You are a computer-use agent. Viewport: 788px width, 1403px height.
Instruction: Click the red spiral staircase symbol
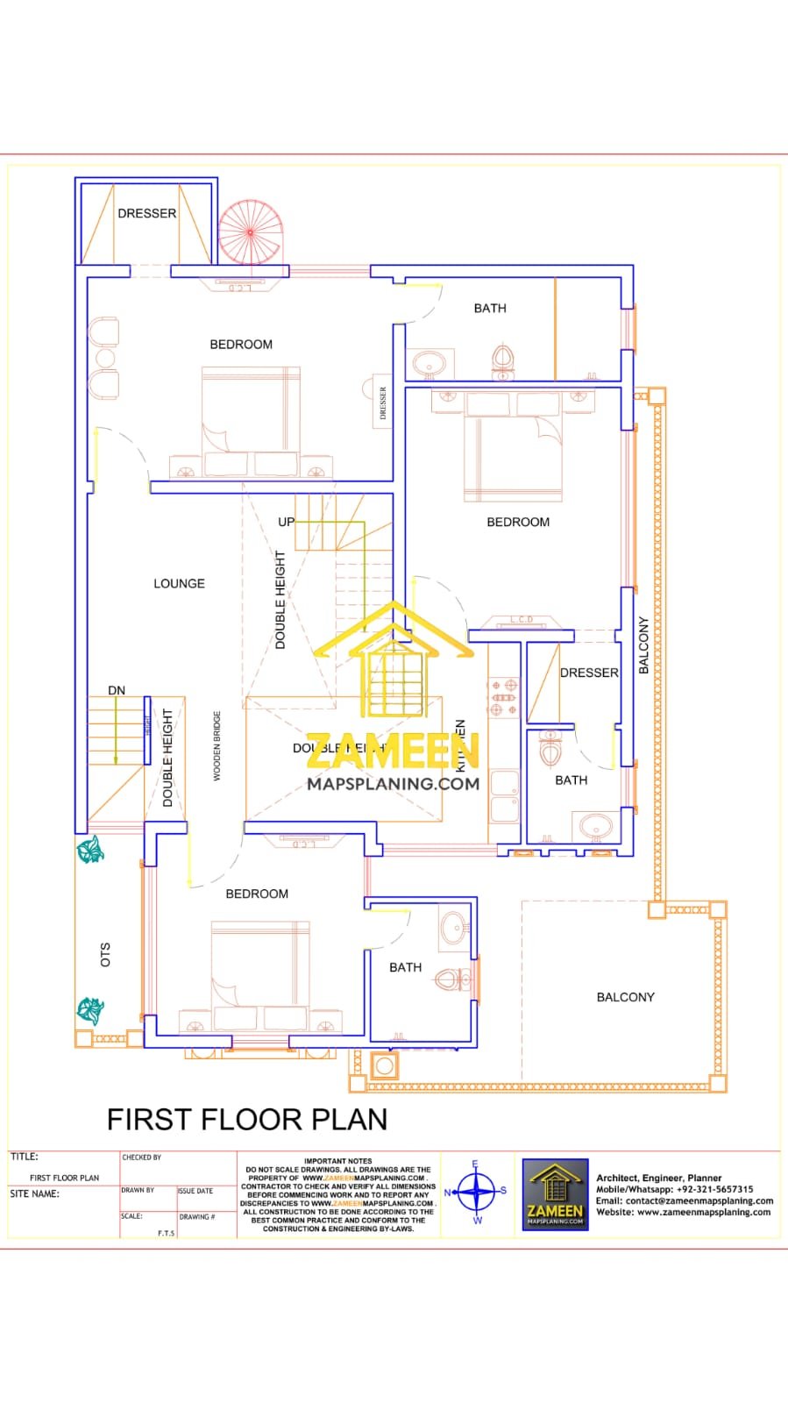click(x=251, y=232)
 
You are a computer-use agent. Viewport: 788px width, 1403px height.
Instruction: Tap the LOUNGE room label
click(x=179, y=583)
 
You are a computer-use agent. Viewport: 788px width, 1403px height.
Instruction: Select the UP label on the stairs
click(x=286, y=522)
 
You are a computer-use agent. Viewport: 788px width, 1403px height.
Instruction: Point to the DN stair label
click(x=117, y=690)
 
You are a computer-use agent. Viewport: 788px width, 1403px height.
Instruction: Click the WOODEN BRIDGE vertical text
click(x=217, y=746)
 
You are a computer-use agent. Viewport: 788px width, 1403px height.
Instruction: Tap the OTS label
click(x=105, y=955)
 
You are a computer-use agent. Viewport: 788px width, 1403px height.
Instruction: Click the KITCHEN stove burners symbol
click(x=504, y=697)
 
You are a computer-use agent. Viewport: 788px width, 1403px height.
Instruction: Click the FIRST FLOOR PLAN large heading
click(x=247, y=1120)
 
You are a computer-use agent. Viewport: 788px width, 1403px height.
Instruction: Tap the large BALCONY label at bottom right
click(x=625, y=997)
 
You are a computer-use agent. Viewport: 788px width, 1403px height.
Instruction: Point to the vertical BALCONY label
click(x=643, y=645)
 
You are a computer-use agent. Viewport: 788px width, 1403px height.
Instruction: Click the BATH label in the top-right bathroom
click(x=490, y=308)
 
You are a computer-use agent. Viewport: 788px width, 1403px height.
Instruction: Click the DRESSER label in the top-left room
click(x=146, y=213)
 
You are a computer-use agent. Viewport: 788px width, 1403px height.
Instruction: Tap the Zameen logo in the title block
click(x=555, y=1194)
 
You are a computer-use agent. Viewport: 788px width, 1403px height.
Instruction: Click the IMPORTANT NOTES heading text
click(x=337, y=1160)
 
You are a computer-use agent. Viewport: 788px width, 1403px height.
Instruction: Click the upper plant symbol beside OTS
click(x=90, y=850)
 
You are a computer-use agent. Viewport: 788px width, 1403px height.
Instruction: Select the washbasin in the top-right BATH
click(x=429, y=361)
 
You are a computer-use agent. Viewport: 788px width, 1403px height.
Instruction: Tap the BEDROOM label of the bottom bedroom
click(x=257, y=894)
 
